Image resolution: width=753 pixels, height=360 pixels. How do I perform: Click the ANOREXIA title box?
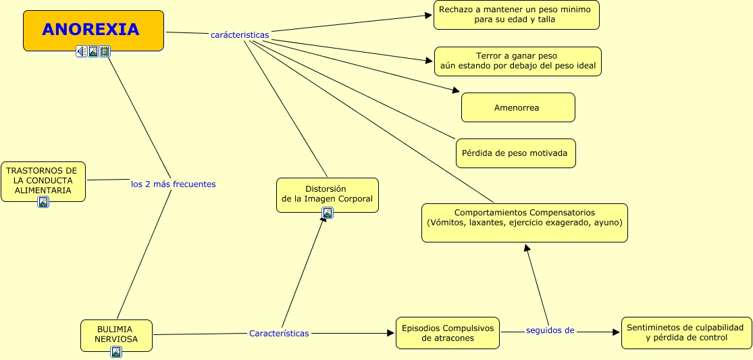pos(94,30)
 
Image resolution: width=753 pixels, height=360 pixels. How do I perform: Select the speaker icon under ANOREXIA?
pos(82,51)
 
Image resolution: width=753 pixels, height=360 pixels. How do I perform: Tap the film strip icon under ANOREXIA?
pos(105,51)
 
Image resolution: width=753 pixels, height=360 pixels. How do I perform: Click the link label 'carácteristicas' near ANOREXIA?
pos(240,35)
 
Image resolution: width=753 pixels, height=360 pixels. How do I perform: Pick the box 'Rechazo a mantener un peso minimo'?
pos(516,15)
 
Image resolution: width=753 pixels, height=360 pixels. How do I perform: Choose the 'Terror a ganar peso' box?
pos(518,61)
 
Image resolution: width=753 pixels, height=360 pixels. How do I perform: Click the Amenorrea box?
pos(518,107)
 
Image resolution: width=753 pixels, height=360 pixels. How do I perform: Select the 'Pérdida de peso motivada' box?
pos(516,153)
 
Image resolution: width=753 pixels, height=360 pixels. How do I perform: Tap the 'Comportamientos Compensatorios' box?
pos(525,223)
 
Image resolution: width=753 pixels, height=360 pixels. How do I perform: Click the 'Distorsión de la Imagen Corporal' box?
pos(328,195)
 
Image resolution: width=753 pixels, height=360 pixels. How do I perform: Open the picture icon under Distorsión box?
pos(328,213)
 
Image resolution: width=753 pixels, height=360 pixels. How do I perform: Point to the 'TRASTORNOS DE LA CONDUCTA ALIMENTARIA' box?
pos(43,182)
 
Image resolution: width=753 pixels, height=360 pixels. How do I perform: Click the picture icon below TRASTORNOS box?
pos(43,202)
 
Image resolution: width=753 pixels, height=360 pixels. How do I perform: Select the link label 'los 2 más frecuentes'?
pos(174,184)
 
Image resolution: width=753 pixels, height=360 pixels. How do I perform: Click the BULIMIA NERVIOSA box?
pos(116,336)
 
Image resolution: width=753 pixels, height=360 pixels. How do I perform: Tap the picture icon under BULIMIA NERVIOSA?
pos(116,352)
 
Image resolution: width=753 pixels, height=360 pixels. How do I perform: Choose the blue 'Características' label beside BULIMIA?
pos(279,333)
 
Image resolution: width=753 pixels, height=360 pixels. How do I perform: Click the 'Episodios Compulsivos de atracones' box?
pos(448,333)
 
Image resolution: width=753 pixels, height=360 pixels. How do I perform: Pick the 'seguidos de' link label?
pos(550,330)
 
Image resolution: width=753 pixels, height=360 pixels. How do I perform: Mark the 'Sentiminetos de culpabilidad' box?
pos(687,332)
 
